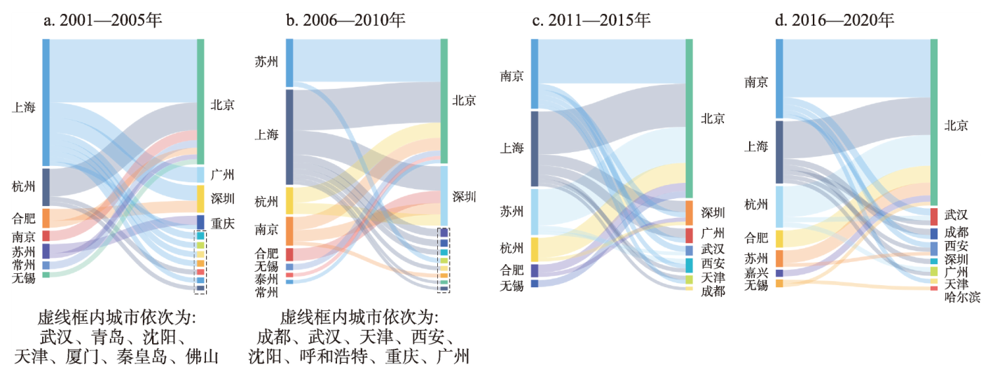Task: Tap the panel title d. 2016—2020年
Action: (835, 20)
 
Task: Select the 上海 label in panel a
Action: (24, 107)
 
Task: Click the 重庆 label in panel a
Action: (223, 223)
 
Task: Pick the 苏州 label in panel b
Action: (266, 62)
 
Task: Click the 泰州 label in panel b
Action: (266, 278)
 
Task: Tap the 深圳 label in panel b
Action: (464, 197)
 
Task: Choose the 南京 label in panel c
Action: (512, 76)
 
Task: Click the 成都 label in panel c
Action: (713, 291)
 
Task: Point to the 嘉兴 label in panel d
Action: (756, 273)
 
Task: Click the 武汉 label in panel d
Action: (956, 215)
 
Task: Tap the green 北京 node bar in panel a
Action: (200, 102)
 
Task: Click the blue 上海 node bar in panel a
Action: (46, 102)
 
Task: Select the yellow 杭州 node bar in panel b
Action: (289, 200)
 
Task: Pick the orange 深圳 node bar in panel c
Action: (689, 212)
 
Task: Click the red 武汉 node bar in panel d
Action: (934, 216)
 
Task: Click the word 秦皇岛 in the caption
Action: (148, 357)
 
